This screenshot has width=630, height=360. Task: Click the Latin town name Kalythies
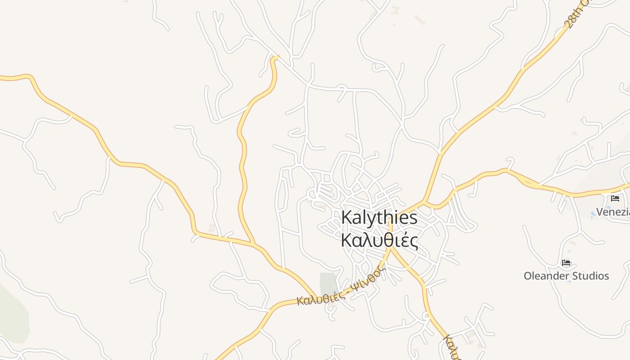[x=379, y=218]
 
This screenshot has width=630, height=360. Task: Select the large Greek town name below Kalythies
[x=379, y=240]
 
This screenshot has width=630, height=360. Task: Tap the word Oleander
[x=544, y=276]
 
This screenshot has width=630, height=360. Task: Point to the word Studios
[x=588, y=276]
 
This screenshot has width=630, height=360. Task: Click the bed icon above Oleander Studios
[x=566, y=263]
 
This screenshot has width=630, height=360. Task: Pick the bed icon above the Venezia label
[x=615, y=198]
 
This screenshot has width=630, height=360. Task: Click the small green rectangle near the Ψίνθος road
[x=328, y=283]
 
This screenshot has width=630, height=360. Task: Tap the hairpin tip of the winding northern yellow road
[x=274, y=58]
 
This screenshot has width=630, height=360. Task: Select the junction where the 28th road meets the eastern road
[x=424, y=201]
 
